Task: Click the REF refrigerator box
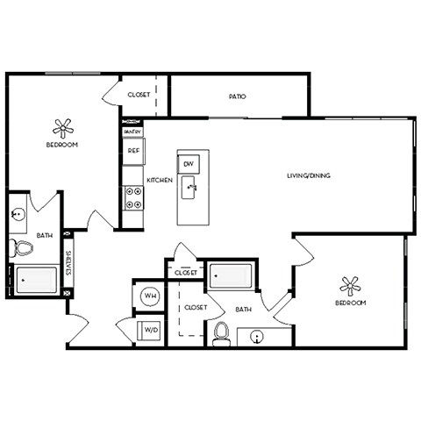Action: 133,150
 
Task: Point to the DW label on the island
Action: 189,164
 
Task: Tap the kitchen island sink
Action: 189,186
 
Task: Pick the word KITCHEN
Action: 159,180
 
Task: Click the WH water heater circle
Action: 149,296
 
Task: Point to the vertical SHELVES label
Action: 68,264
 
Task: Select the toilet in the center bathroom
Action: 221,332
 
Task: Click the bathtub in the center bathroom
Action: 231,275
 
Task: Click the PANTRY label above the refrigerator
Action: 132,132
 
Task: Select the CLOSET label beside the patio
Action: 139,95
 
